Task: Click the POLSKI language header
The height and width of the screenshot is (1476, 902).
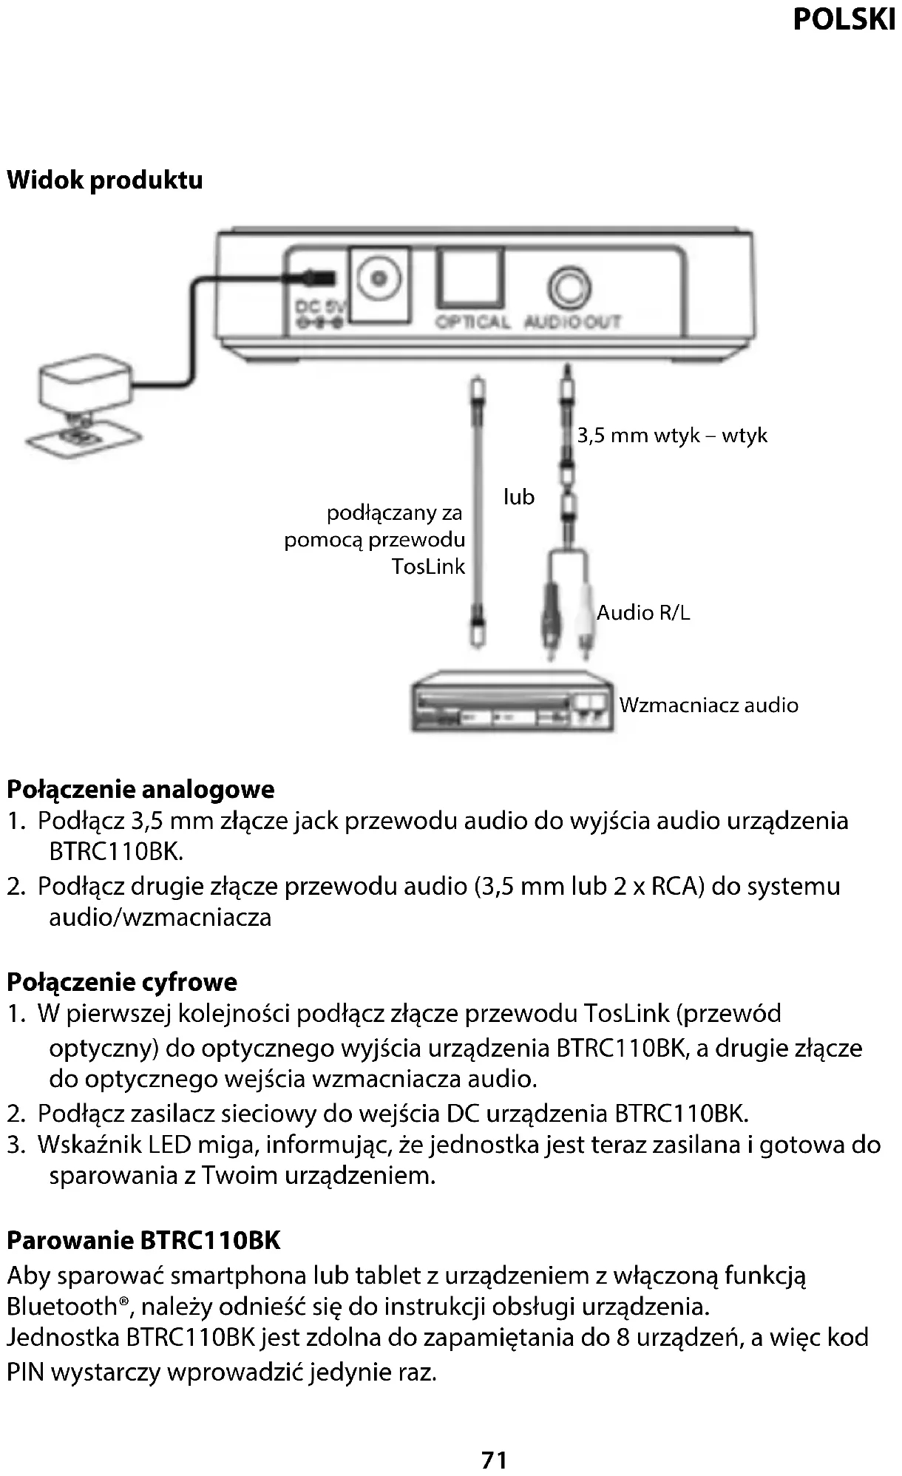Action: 844,19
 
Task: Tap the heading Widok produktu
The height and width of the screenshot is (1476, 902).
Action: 105,180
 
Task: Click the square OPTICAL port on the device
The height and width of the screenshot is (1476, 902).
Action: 470,279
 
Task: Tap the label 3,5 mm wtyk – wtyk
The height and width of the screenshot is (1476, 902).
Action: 671,435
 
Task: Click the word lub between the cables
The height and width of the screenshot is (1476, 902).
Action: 518,497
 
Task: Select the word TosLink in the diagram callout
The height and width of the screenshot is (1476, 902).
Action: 428,567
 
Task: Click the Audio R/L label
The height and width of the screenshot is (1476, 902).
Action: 643,613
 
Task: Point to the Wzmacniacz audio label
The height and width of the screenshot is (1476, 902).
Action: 708,705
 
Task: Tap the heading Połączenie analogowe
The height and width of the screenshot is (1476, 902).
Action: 140,790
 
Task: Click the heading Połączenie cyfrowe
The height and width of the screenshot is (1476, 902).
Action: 122,982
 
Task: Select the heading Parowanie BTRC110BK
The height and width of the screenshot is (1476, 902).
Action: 143,1240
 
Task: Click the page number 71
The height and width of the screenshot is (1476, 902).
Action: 494,1460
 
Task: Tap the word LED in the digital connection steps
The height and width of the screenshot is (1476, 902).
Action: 169,1145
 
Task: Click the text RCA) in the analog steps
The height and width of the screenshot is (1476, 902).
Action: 676,886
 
